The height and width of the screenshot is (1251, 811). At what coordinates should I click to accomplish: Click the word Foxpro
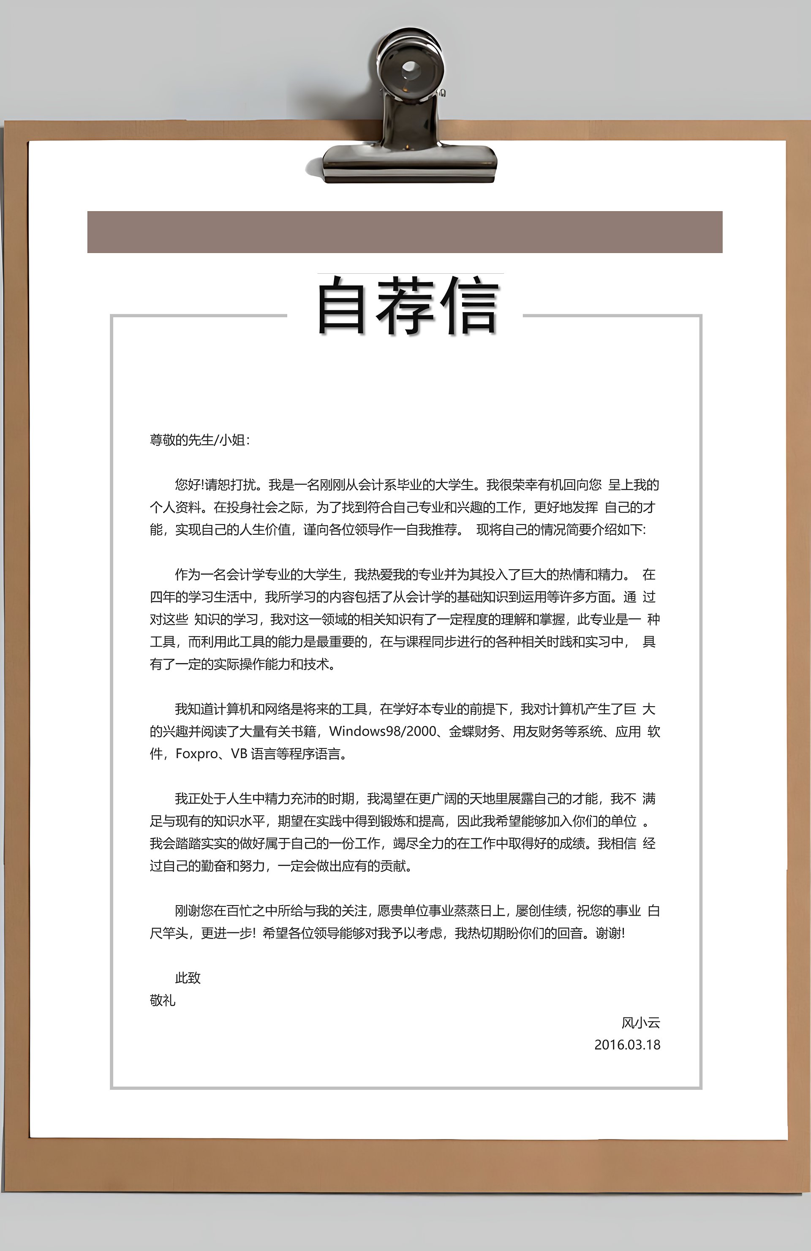(196, 754)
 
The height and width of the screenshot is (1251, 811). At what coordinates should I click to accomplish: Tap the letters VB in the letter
(239, 754)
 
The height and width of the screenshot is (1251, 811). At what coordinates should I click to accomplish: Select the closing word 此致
(188, 978)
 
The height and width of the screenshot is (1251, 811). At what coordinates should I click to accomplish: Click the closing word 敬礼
(162, 1000)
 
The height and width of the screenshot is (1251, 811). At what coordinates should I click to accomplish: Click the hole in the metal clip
(409, 68)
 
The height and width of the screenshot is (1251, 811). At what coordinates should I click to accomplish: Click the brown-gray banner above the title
(405, 232)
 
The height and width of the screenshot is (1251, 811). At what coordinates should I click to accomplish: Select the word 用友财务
(538, 732)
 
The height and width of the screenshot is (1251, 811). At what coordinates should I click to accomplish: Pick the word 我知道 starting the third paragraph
(194, 709)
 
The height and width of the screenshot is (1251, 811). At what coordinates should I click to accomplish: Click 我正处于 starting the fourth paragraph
(200, 799)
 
